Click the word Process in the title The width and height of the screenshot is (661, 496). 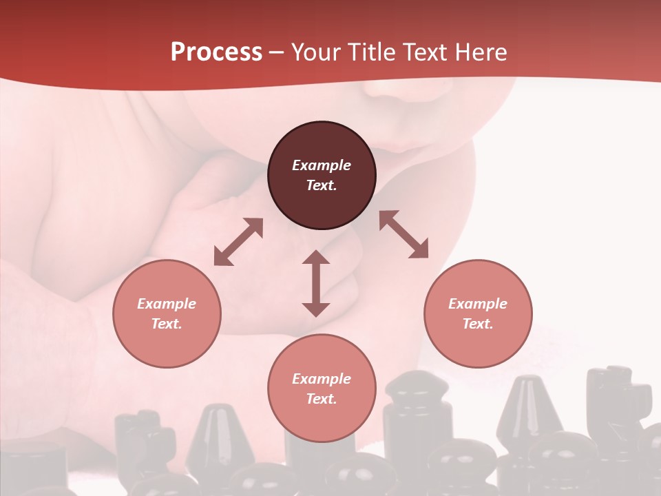tap(216, 52)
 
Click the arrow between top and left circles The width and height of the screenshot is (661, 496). tap(238, 242)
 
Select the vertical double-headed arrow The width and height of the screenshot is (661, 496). tap(316, 283)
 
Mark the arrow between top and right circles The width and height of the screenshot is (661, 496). tap(403, 234)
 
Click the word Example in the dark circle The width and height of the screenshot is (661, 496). tap(322, 165)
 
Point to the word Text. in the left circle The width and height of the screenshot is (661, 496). tap(167, 324)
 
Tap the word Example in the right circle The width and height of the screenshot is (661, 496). tap(478, 304)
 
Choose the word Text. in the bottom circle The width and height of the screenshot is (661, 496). tap(322, 399)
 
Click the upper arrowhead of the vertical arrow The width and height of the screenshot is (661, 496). tap(316, 258)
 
